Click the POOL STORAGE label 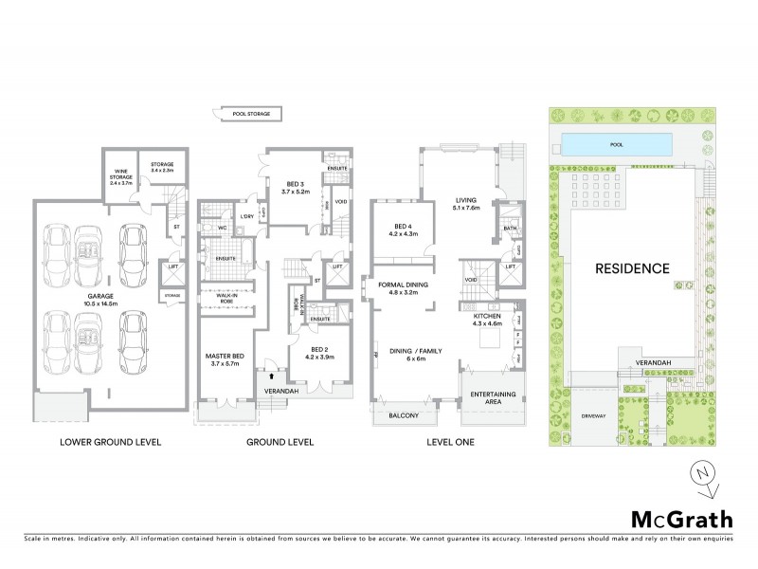pos(252,114)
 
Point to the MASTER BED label pos(226,359)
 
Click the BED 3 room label pos(296,187)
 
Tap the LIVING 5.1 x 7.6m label pos(466,204)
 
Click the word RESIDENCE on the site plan pos(631,268)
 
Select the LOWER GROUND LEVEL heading pos(111,443)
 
